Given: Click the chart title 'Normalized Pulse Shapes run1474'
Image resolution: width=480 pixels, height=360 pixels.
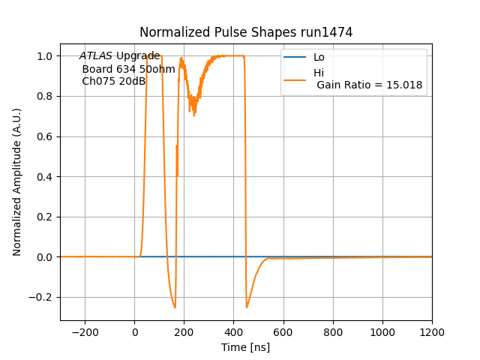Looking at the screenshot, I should tap(246, 32).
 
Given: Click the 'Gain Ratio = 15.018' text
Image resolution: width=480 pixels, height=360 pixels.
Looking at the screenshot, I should tap(370, 85).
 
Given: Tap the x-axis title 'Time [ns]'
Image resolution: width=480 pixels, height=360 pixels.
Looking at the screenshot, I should tap(245, 347).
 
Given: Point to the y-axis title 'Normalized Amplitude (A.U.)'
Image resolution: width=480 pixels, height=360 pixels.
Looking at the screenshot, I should tap(17, 181).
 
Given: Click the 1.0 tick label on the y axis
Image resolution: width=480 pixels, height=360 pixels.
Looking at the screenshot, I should tap(44, 56).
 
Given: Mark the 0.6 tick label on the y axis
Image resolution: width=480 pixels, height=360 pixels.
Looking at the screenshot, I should tap(44, 136).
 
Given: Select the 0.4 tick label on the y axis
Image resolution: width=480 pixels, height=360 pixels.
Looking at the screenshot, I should tap(44, 177).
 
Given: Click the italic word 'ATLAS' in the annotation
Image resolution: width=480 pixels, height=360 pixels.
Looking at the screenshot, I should tap(96, 56).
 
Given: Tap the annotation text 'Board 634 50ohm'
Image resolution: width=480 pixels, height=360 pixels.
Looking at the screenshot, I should tap(128, 69).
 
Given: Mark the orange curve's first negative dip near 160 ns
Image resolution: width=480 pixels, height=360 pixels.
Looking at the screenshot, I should tap(175, 307).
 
